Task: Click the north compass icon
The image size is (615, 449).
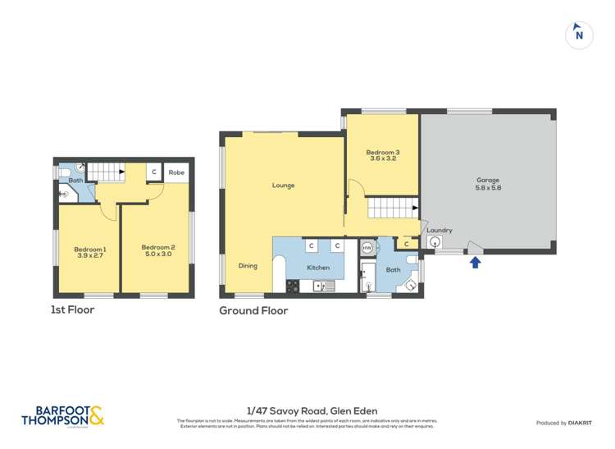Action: tap(579, 34)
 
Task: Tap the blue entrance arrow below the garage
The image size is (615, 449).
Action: tap(474, 263)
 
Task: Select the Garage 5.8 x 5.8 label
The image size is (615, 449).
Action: tap(488, 184)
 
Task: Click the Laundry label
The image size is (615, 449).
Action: tap(440, 231)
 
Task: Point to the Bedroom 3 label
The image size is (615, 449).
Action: tap(382, 156)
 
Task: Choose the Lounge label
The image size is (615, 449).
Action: tap(284, 186)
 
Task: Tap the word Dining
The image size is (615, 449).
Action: tap(248, 266)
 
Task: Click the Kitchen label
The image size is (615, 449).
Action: tap(318, 268)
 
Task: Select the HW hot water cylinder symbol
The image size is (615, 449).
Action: tap(367, 247)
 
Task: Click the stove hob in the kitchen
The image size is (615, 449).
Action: tap(292, 286)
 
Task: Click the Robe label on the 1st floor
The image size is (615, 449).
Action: tap(176, 173)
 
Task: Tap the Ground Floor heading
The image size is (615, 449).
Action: tap(253, 311)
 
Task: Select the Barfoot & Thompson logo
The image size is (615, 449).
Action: tap(62, 416)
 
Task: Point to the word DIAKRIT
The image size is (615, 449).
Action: tap(580, 423)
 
